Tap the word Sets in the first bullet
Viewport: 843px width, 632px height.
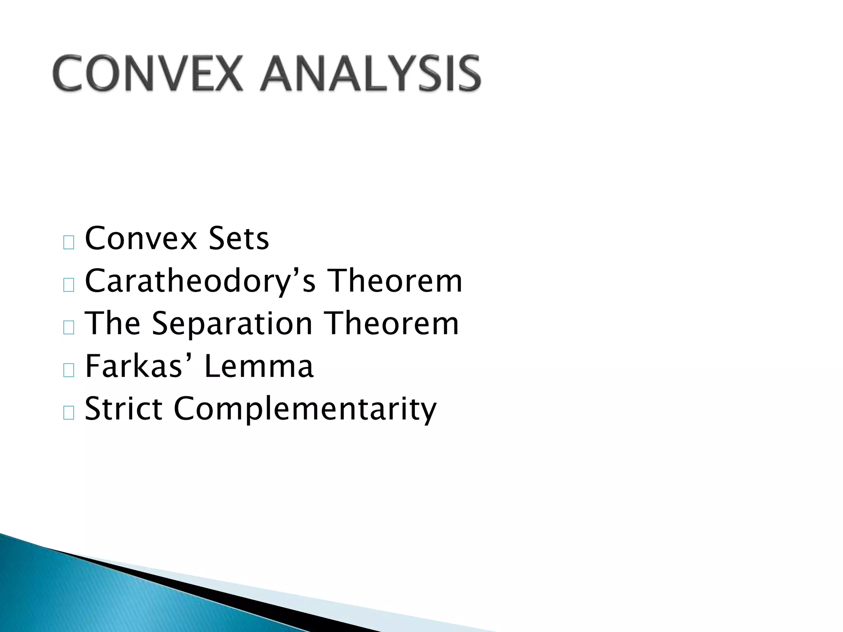click(x=238, y=239)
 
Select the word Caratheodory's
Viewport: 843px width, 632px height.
click(x=200, y=281)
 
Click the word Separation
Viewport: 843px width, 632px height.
click(x=232, y=324)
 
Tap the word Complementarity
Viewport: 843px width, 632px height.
click(x=305, y=409)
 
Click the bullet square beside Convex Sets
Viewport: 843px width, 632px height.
click(x=69, y=243)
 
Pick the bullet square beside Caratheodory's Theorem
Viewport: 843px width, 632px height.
click(x=69, y=285)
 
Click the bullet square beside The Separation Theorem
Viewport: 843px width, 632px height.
click(x=69, y=328)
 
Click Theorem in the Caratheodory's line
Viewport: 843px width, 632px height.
click(x=396, y=281)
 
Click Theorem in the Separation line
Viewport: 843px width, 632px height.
click(x=392, y=324)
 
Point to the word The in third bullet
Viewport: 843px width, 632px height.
click(x=112, y=324)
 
